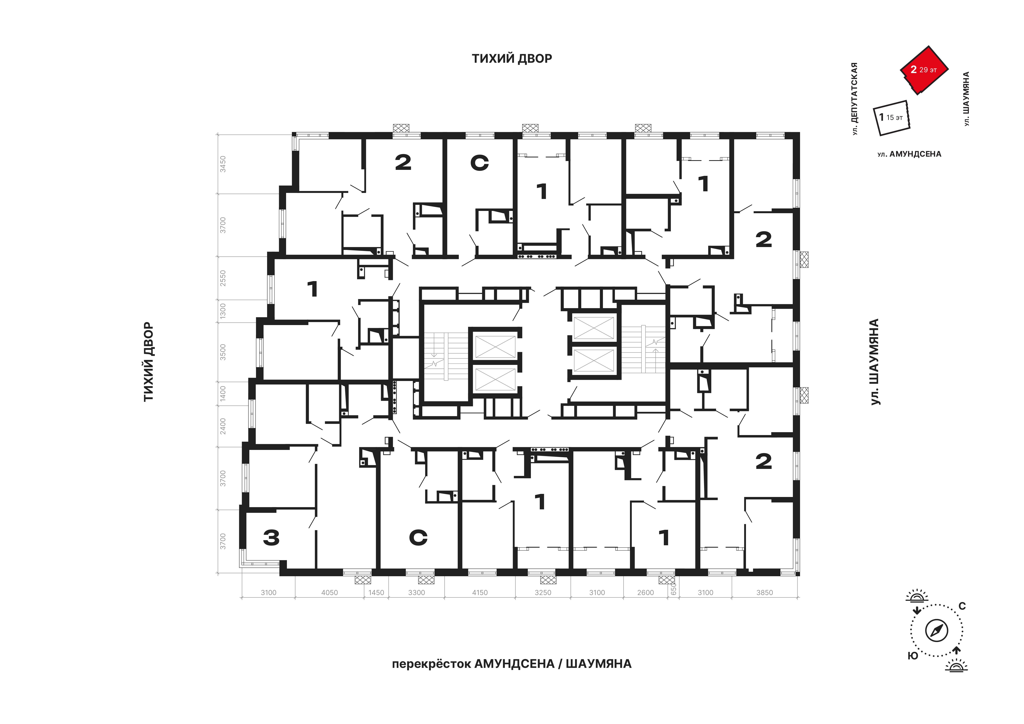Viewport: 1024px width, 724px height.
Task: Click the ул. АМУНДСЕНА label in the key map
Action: tap(909, 154)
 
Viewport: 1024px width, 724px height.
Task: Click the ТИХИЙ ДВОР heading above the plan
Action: tap(512, 58)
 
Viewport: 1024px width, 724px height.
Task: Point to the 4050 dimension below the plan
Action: tap(330, 593)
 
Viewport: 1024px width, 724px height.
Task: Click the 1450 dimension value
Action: tap(376, 593)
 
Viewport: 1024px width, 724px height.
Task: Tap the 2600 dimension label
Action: tap(645, 593)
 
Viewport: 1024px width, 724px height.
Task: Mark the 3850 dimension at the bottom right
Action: tap(764, 593)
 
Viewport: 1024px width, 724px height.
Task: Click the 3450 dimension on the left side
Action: tap(223, 164)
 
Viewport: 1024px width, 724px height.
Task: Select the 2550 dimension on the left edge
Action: tap(223, 278)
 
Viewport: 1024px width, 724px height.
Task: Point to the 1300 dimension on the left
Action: tap(223, 311)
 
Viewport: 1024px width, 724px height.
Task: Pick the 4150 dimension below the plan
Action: tap(480, 593)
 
